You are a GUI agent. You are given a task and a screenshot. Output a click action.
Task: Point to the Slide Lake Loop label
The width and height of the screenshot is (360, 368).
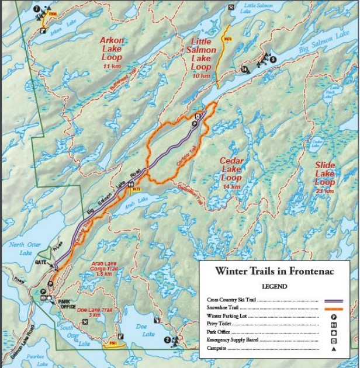pyautogui.click(x=325, y=178)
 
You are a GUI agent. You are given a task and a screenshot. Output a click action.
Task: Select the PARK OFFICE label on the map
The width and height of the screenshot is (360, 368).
pyautogui.click(x=68, y=304)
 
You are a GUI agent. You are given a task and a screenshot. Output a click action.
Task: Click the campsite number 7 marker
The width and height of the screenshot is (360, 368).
pyautogui.click(x=37, y=9)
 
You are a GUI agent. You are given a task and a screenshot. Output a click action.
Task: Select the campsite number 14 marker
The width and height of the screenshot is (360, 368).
pyautogui.click(x=244, y=70)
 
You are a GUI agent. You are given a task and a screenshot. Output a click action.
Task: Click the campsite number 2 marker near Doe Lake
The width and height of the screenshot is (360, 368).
pyautogui.click(x=167, y=339)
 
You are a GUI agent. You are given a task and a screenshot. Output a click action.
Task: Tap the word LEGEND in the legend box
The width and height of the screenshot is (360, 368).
pyautogui.click(x=274, y=286)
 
